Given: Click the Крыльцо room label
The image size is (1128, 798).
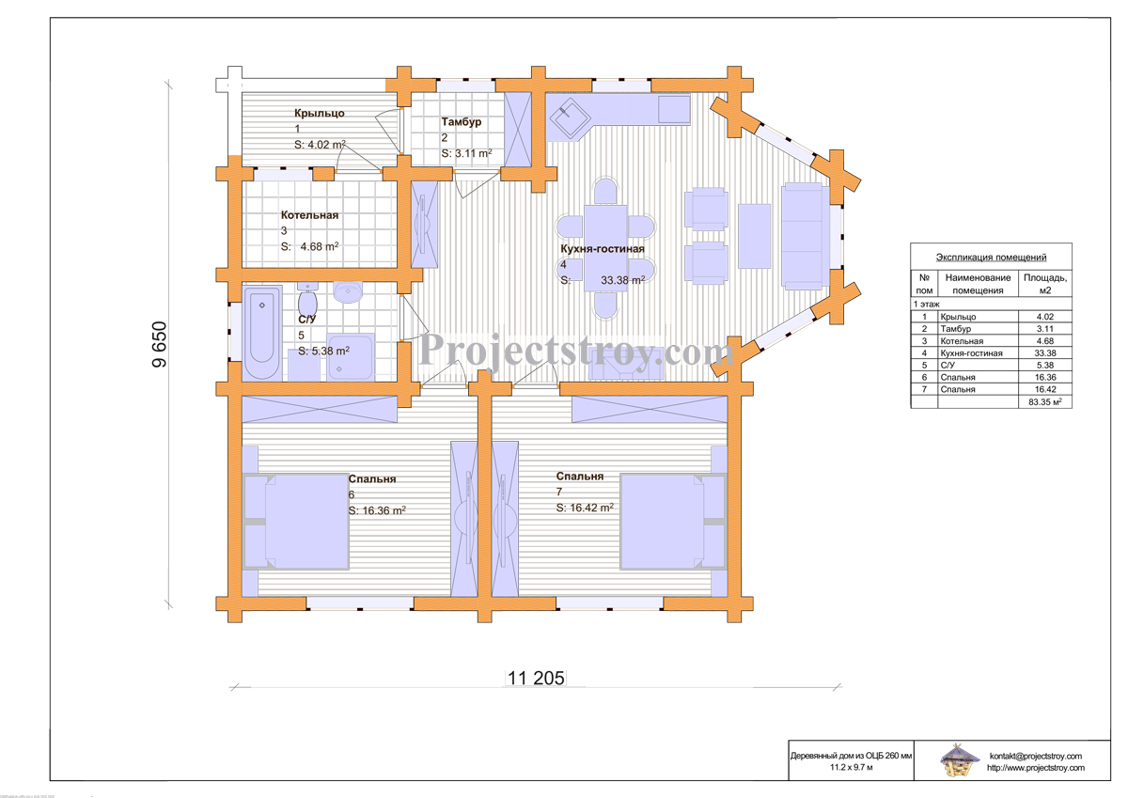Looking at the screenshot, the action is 320,114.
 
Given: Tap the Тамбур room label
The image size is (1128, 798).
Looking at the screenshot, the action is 462,122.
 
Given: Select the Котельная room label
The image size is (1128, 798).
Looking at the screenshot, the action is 309,215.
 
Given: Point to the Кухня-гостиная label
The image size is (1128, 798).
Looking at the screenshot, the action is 603,249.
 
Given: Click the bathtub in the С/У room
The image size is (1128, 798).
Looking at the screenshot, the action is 262,333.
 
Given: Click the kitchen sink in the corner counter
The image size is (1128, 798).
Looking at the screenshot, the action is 569,117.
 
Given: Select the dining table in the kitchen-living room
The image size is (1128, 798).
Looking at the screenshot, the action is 605,248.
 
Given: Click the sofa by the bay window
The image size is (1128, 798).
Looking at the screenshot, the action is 805,236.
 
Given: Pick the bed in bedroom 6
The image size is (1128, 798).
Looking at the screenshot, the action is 296,522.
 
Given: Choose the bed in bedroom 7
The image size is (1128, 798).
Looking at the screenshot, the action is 673,521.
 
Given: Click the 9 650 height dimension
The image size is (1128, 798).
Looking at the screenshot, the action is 159,344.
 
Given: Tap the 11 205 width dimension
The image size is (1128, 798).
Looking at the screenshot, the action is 535,679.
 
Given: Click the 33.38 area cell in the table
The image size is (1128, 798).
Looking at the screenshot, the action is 1045,352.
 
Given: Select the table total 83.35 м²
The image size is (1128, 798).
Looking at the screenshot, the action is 1045,401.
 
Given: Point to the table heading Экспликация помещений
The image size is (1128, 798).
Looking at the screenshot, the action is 991,258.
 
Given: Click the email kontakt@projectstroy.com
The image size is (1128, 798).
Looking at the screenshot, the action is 1035,756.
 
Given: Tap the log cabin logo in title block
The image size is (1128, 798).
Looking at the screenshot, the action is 959,759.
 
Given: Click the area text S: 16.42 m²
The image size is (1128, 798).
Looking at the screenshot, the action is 585,508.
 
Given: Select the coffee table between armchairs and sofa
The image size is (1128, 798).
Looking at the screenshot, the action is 754,236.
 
